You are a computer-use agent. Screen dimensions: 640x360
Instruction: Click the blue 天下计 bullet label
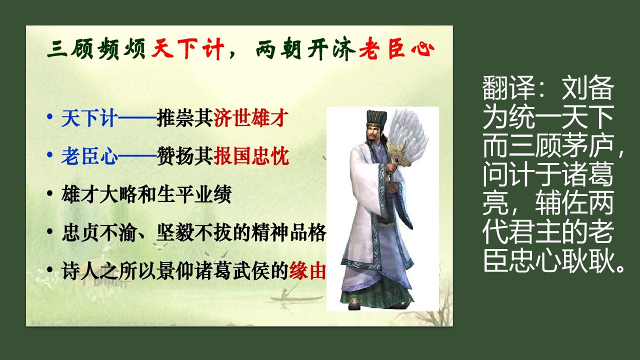tap(89, 117)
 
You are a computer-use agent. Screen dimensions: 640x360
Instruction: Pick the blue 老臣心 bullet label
tap(89, 156)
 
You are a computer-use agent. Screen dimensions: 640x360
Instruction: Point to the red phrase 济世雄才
tap(251, 117)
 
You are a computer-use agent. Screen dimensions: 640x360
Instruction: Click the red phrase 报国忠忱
tap(251, 156)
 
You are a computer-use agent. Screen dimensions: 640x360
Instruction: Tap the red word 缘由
tap(307, 270)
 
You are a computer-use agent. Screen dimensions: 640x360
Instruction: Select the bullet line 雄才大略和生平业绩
tap(146, 194)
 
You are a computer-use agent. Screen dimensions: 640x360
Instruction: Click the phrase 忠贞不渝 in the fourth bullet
tap(99, 233)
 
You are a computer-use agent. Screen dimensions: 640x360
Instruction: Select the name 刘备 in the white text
tap(587, 88)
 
